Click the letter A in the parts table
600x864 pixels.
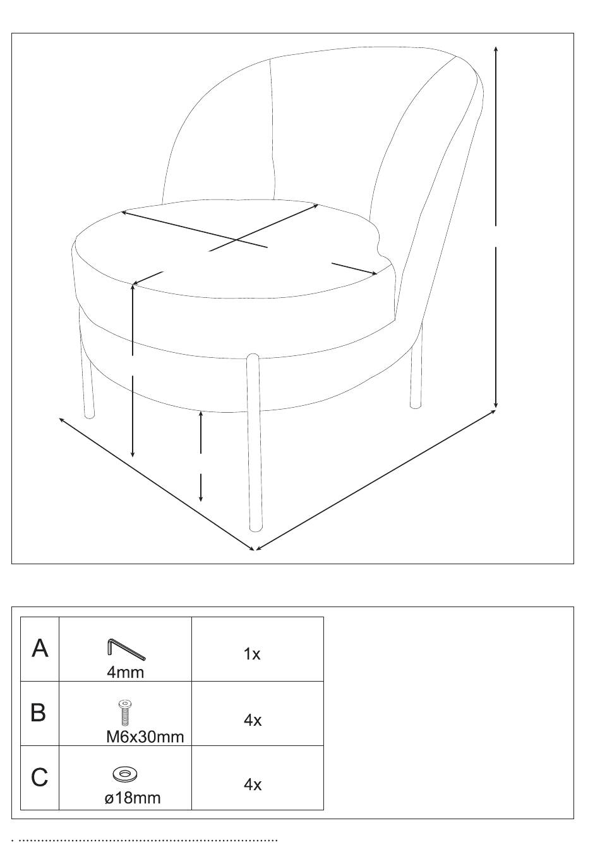pyautogui.click(x=40, y=648)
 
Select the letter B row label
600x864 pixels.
pyautogui.click(x=39, y=713)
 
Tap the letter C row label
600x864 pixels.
pyautogui.click(x=39, y=778)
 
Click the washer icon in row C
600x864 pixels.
pyautogui.click(x=125, y=774)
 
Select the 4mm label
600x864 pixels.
pyautogui.click(x=125, y=672)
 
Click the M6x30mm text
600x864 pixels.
pyautogui.click(x=145, y=736)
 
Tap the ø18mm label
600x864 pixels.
pyautogui.click(x=133, y=798)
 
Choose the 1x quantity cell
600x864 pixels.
pyautogui.click(x=252, y=654)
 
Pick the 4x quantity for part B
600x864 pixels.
pyautogui.click(x=253, y=720)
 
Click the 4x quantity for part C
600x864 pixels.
pyautogui.click(x=253, y=784)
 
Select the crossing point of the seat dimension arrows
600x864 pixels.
pyautogui.click(x=236, y=240)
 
